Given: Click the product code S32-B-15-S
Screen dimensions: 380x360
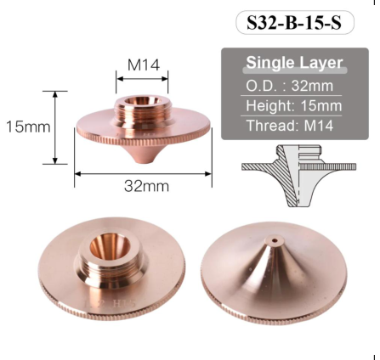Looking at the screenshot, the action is [x=294, y=23].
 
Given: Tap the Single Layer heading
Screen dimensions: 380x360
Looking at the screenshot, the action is [x=294, y=62].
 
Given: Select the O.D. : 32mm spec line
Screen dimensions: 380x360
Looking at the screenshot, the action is [x=289, y=86].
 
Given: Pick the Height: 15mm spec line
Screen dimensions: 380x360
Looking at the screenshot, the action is [x=294, y=105].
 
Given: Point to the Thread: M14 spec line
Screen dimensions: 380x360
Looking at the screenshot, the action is [x=290, y=126].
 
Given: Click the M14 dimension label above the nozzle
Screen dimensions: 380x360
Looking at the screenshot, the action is [x=144, y=65].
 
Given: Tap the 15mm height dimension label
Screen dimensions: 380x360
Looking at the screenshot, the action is [x=28, y=127].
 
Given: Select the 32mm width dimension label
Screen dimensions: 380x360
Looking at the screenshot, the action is [x=146, y=186].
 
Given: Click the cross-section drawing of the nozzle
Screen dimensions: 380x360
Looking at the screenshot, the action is [x=298, y=176].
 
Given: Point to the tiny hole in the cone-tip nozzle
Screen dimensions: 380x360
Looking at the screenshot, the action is [x=275, y=241].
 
